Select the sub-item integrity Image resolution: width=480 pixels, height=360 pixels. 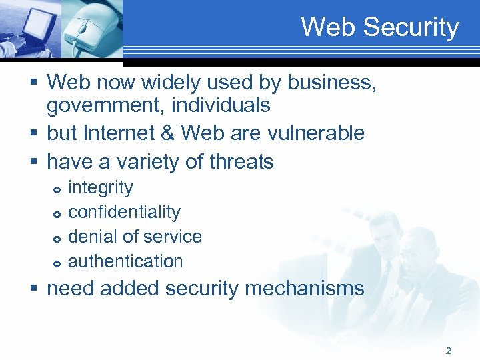point(101,188)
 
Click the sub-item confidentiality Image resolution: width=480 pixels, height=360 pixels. point(124,212)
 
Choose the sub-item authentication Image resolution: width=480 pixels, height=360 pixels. point(125,261)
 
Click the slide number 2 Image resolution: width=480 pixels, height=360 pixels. point(449,350)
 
